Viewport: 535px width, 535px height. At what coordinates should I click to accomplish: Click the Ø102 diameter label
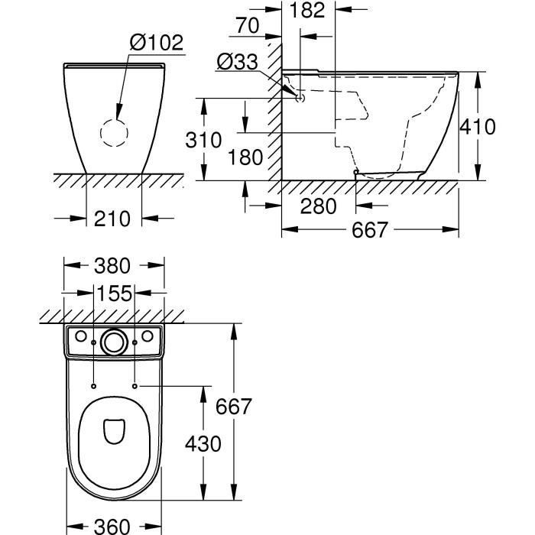click(157, 42)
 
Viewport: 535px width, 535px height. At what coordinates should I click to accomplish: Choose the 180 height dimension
click(245, 157)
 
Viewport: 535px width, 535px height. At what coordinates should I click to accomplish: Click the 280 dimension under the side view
click(317, 206)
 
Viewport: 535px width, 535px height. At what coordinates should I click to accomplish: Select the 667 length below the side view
click(370, 229)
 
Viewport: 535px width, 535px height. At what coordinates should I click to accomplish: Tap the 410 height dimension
click(478, 126)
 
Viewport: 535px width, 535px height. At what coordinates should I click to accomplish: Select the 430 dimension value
click(203, 444)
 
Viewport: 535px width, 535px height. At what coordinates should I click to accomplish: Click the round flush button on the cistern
click(115, 342)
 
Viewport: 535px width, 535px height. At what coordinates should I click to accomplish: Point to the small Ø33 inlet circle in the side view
click(300, 98)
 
